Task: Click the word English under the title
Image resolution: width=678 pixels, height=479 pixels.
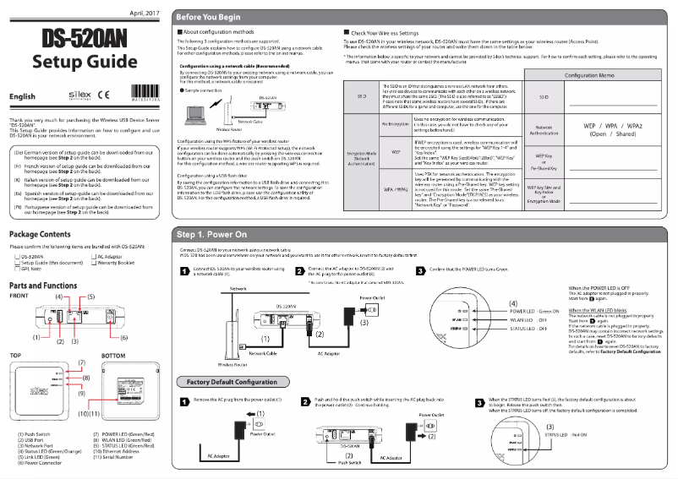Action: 22,99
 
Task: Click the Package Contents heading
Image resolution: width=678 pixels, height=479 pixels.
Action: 41,233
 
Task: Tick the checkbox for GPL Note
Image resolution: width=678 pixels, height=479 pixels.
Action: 15,268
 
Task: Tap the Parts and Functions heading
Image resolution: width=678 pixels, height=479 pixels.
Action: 47,286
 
